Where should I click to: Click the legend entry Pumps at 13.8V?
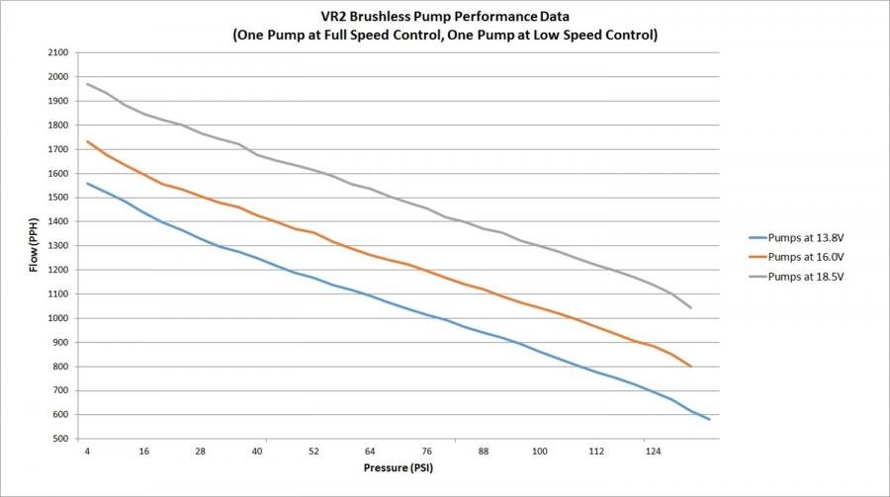[806, 237]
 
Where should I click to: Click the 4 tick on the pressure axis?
[87, 452]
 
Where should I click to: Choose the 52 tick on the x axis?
[313, 452]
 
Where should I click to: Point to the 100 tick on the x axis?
[540, 452]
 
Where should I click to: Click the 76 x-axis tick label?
[426, 452]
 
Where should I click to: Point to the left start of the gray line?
[87, 84]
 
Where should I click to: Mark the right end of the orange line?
[691, 367]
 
